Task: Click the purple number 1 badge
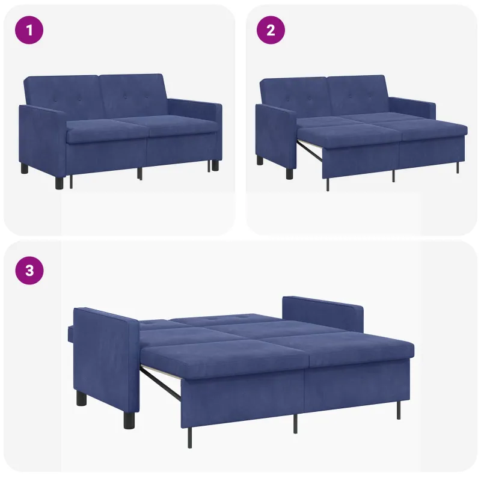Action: pyautogui.click(x=29, y=30)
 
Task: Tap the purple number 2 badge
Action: pyautogui.click(x=271, y=30)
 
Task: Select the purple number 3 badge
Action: pyautogui.click(x=29, y=271)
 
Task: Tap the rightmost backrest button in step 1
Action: pyautogui.click(x=146, y=97)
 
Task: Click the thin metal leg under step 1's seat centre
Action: pyautogui.click(x=139, y=173)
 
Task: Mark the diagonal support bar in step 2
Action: pyautogui.click(x=310, y=151)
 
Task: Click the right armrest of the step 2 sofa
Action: pyautogui.click(x=412, y=108)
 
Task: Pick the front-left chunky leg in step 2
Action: pyautogui.click(x=290, y=173)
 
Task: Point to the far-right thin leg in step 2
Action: pyautogui.click(x=458, y=168)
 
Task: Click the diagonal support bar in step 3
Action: pyautogui.click(x=160, y=384)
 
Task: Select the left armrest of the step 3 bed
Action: pyautogui.click(x=106, y=360)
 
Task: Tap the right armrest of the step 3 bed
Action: pyautogui.click(x=323, y=313)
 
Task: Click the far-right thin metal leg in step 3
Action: pyautogui.click(x=399, y=409)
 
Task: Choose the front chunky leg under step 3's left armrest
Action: pyautogui.click(x=129, y=420)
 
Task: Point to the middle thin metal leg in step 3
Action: pyautogui.click(x=295, y=424)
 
